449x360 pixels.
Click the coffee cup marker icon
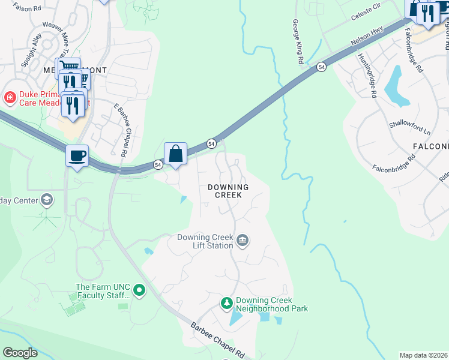point(77,156)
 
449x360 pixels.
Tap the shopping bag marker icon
point(175,154)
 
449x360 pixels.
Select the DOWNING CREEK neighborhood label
point(228,191)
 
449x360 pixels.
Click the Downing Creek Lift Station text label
point(205,241)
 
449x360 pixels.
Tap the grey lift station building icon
point(243,241)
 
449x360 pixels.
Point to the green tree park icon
point(227,304)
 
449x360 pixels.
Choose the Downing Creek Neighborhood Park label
point(271,304)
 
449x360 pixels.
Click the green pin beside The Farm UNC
point(139,291)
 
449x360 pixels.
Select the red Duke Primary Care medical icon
point(10,97)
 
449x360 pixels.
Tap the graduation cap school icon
point(47,200)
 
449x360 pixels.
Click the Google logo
point(20,353)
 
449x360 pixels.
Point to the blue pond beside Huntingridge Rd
point(393,86)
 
